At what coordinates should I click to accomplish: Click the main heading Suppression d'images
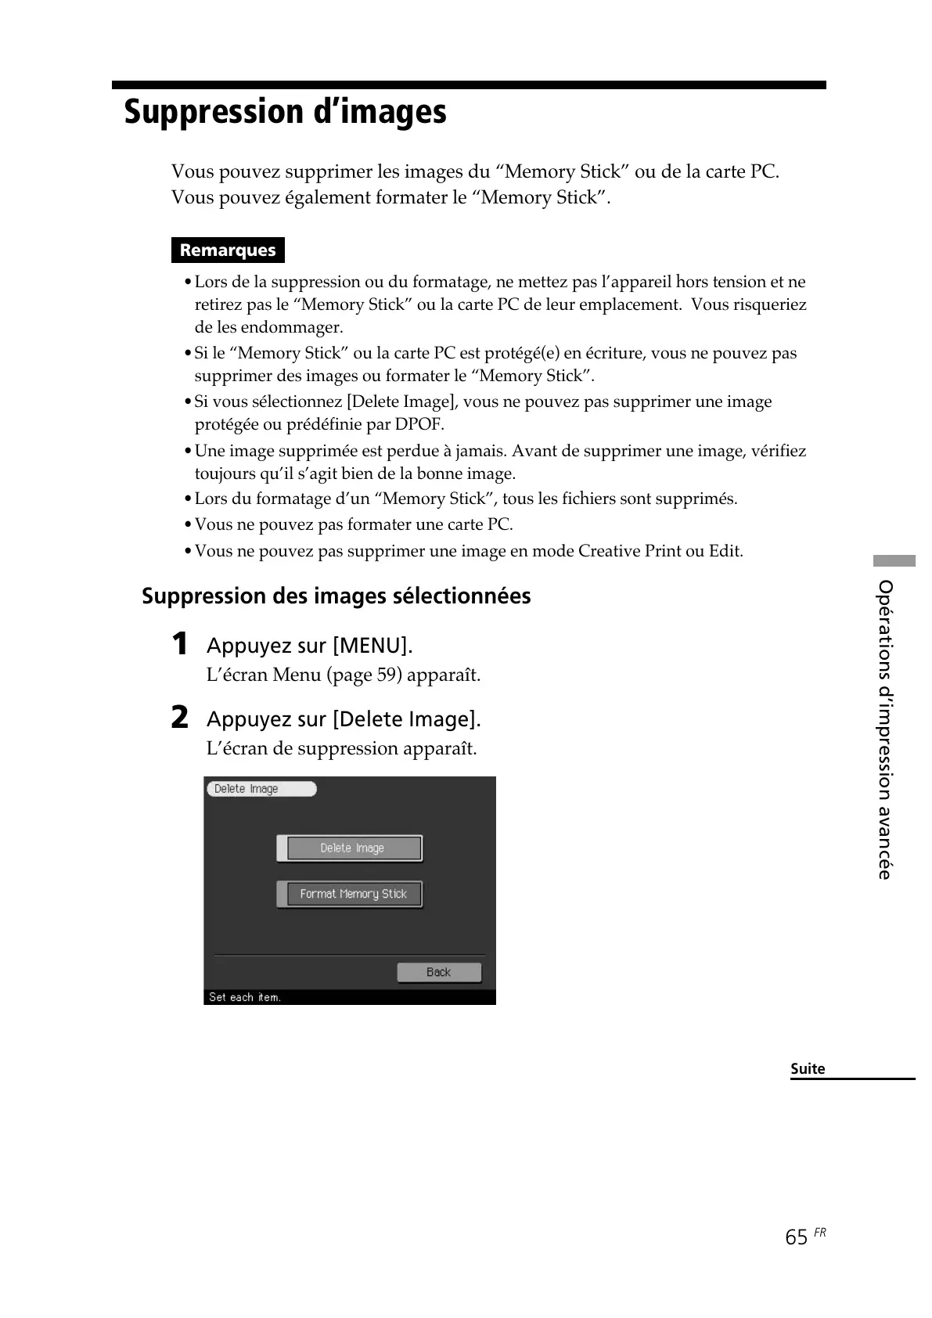click(285, 112)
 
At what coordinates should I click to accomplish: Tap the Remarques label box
click(228, 250)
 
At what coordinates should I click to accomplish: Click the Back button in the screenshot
click(438, 972)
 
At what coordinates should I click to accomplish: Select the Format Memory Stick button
click(353, 894)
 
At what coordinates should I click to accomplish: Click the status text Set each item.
click(244, 997)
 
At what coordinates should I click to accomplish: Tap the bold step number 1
click(180, 644)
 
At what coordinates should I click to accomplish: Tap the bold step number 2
click(180, 718)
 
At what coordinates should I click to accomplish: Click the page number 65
click(796, 1237)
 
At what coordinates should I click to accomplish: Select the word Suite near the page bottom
click(808, 1069)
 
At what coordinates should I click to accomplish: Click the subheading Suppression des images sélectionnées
click(336, 596)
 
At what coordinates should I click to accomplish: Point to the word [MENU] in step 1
click(372, 646)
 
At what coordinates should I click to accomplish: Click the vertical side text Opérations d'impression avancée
click(885, 729)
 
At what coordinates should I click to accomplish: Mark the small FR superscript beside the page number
click(819, 1233)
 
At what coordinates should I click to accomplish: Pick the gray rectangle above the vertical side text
click(894, 560)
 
